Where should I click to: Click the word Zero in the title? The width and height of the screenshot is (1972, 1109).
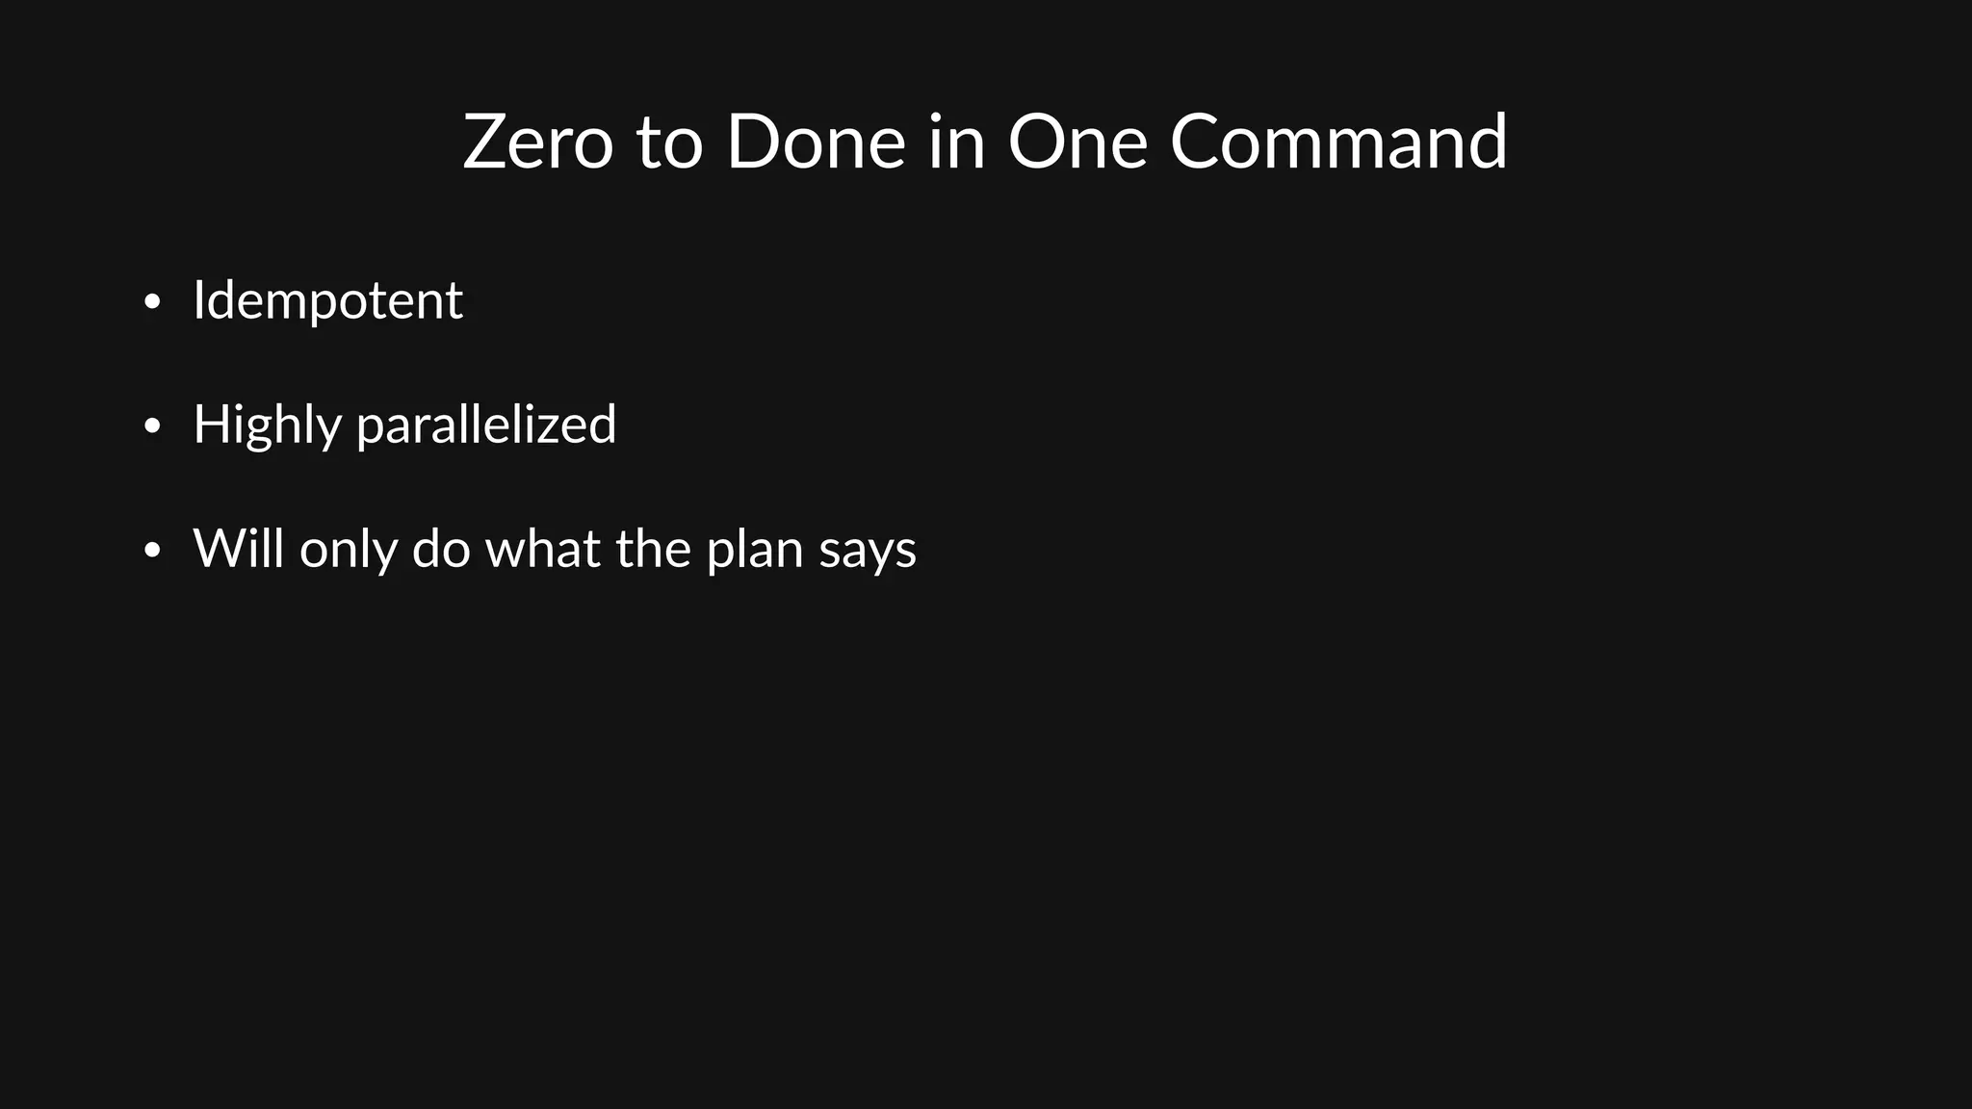click(537, 142)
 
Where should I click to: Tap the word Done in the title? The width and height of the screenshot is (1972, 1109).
click(815, 142)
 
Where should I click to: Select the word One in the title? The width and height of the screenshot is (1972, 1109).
click(1077, 142)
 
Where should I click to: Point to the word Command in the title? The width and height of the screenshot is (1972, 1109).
click(1338, 142)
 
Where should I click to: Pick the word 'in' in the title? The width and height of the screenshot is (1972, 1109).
click(956, 142)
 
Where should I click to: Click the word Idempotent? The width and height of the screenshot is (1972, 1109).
click(327, 300)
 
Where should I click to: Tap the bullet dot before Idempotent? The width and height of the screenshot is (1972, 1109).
click(151, 302)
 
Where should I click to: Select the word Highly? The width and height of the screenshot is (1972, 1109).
click(267, 425)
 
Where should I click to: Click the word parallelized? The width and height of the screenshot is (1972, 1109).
click(486, 425)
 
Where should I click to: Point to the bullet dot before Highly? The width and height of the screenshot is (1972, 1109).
click(151, 426)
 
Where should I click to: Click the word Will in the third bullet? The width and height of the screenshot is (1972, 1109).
click(238, 549)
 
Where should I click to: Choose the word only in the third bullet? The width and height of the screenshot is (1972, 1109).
click(348, 549)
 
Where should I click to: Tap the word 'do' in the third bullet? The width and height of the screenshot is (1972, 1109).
click(441, 549)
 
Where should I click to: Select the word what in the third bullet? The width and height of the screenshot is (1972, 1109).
click(542, 549)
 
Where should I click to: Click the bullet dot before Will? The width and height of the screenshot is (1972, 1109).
click(151, 551)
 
